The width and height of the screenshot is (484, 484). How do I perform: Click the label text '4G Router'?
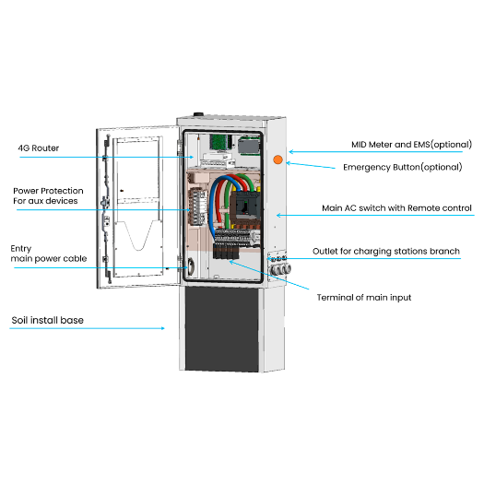pos(40,148)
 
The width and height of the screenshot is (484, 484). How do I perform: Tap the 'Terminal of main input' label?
pos(363,297)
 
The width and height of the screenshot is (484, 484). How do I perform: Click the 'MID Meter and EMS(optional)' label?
pos(411,145)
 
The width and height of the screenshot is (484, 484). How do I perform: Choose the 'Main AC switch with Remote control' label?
pos(396,208)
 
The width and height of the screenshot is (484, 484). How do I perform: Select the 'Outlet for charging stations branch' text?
pos(392,252)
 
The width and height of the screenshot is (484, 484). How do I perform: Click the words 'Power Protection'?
pos(47,191)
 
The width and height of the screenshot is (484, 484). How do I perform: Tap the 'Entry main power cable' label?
pos(48,254)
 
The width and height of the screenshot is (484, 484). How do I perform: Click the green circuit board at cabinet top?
pos(218,142)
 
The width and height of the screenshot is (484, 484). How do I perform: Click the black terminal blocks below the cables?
pos(226,253)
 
